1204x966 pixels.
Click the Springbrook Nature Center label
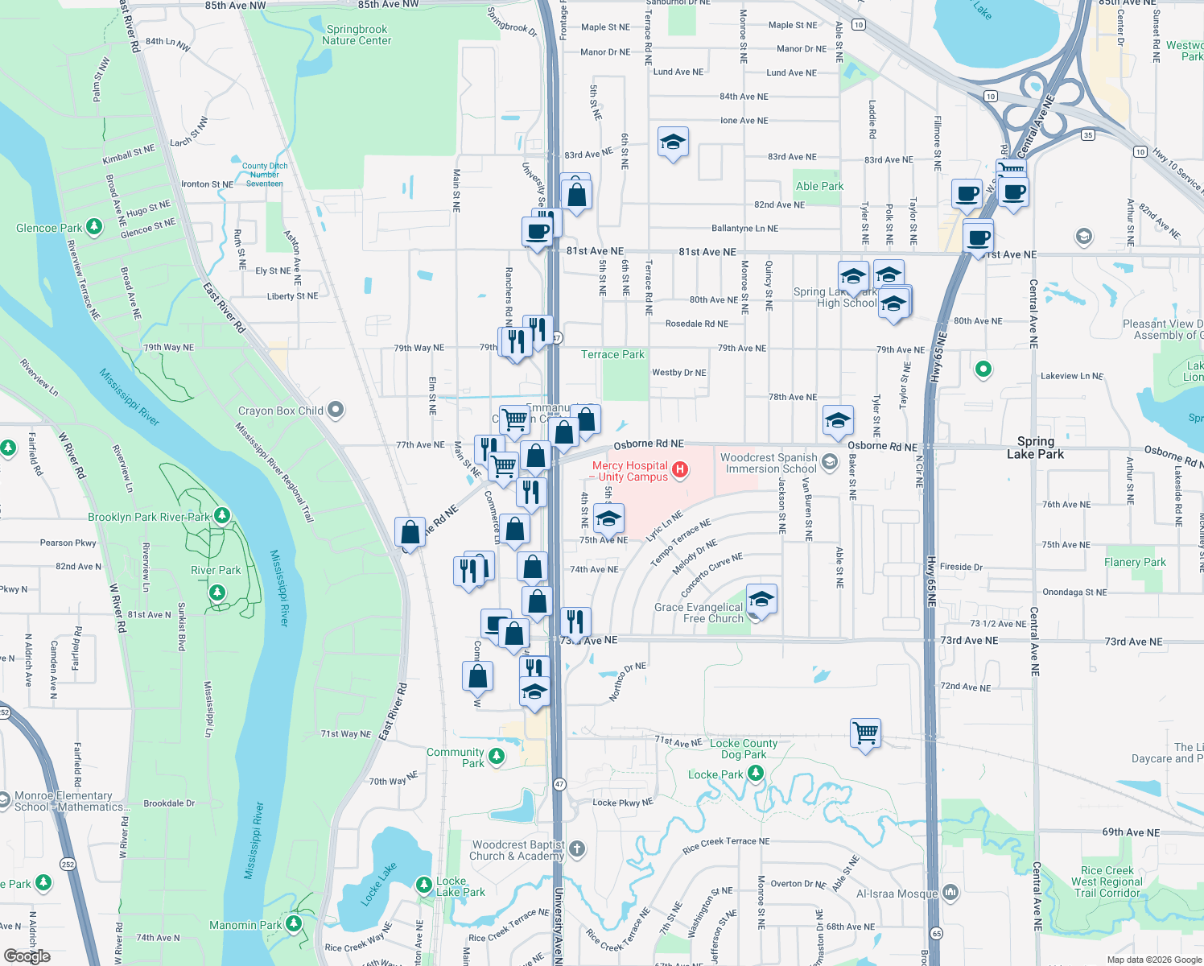(357, 35)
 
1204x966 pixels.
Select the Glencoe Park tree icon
(94, 227)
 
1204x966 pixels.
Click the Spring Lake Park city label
(1035, 448)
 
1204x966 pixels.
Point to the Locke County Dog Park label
(744, 749)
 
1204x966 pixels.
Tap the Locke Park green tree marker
(755, 774)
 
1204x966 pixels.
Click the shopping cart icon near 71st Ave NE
(866, 733)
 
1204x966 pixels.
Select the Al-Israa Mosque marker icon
(950, 892)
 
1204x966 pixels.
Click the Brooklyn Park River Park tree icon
(222, 516)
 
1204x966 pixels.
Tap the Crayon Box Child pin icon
(336, 410)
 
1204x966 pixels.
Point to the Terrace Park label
(612, 354)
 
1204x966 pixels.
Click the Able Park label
(819, 186)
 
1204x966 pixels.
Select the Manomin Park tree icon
(294, 923)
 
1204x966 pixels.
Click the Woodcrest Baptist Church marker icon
(576, 848)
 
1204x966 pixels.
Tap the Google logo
(27, 956)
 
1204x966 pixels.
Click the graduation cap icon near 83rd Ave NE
(673, 142)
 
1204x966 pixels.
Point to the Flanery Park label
(1135, 562)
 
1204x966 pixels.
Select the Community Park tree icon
(497, 756)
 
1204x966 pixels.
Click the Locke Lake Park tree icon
(424, 885)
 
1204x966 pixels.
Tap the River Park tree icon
(216, 592)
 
